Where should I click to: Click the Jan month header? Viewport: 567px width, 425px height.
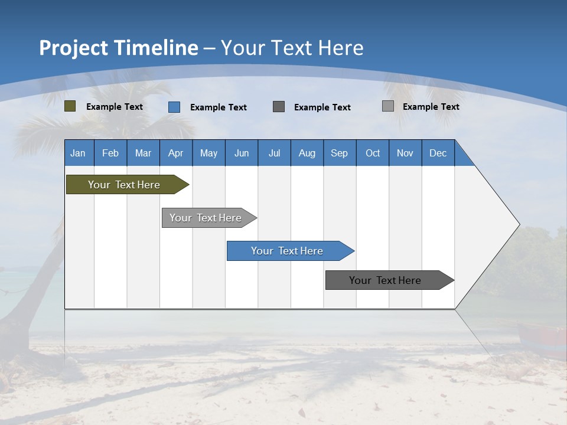click(78, 153)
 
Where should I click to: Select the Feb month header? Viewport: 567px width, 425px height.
click(110, 153)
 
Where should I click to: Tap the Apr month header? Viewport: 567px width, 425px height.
click(175, 153)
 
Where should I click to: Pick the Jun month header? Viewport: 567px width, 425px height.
click(242, 153)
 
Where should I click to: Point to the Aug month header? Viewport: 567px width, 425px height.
click(307, 153)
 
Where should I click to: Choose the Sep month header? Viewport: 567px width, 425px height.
click(339, 153)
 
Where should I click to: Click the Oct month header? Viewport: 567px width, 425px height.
click(373, 153)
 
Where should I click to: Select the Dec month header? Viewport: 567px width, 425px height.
click(438, 153)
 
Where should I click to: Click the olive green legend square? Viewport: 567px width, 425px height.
click(70, 106)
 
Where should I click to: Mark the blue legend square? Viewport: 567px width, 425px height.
click(174, 107)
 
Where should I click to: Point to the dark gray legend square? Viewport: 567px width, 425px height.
click(279, 107)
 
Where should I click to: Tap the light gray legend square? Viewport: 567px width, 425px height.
click(388, 106)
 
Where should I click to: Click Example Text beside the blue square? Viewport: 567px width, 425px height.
click(219, 107)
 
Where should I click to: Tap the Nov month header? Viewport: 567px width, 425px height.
click(405, 153)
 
